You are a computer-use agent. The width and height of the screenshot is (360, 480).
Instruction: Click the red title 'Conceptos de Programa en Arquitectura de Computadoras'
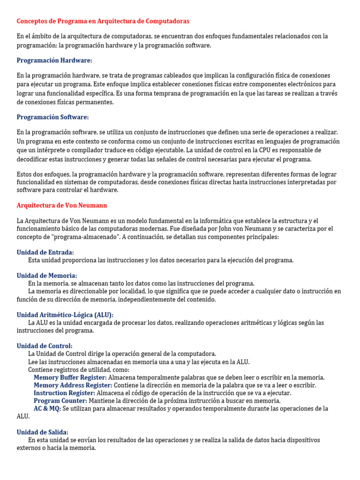tap(103, 22)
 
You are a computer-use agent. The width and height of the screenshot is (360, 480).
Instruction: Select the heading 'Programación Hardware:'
tap(54, 60)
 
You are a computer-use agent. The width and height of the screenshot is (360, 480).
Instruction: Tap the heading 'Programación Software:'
tap(52, 117)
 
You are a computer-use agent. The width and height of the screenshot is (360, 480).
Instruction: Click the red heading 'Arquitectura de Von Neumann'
tap(62, 205)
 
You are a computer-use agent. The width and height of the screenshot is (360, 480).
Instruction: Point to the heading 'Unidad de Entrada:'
tap(45, 252)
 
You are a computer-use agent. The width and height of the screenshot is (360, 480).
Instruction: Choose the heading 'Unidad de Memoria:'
tap(47, 276)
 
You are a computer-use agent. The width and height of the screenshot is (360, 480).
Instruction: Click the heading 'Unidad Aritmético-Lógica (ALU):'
tap(65, 315)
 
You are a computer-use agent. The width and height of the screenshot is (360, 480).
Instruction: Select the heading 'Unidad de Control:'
tap(45, 346)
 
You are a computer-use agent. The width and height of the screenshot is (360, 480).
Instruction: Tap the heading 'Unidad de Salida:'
tap(43, 432)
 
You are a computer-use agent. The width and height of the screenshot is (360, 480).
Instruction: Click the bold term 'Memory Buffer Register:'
tap(70, 377)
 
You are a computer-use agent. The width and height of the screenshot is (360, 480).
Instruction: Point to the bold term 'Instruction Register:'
tap(64, 393)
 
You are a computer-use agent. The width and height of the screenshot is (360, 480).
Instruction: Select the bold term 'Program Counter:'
tap(60, 401)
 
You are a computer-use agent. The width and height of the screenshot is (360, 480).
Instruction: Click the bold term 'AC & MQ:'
tap(47, 409)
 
